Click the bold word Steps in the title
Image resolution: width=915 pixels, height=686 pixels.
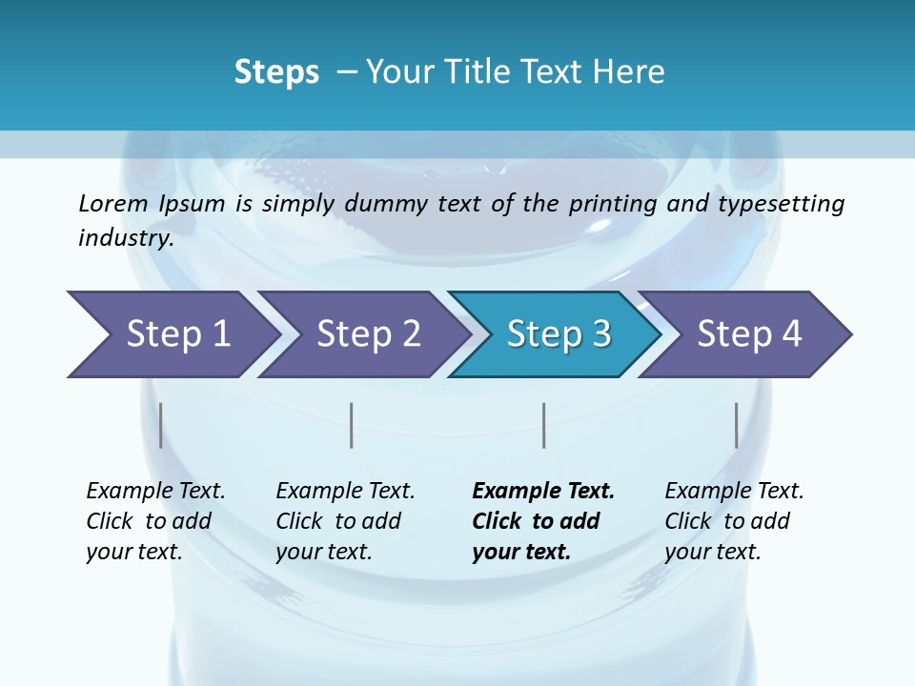click(x=276, y=72)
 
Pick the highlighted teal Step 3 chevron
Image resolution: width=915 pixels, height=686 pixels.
click(x=559, y=334)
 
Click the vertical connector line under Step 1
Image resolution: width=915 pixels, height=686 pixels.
click(x=161, y=425)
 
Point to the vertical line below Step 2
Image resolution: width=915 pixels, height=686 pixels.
click(x=352, y=425)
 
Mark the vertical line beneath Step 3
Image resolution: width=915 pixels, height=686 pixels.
click(x=544, y=425)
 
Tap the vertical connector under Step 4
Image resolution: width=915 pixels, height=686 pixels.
click(x=737, y=425)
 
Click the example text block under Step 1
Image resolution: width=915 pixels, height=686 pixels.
click(x=155, y=521)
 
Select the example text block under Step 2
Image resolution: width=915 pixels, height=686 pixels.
click(x=345, y=521)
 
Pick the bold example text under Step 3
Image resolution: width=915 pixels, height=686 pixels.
click(x=543, y=521)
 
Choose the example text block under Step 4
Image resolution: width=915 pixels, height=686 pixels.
click(x=734, y=521)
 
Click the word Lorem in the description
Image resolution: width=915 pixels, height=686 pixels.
click(x=113, y=203)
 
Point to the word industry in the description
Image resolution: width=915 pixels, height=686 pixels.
click(x=126, y=238)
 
